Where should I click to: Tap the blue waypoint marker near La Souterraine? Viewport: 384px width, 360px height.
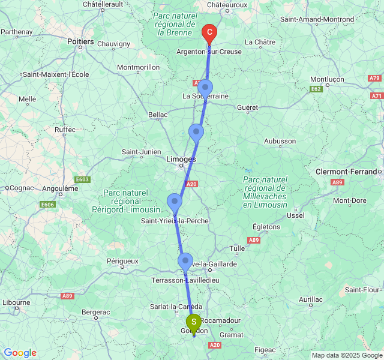tap(205, 88)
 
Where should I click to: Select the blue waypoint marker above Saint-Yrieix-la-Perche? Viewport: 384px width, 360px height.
tap(175, 202)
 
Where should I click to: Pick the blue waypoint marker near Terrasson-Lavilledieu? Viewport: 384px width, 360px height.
tap(185, 261)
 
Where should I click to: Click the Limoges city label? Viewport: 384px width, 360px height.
tap(181, 160)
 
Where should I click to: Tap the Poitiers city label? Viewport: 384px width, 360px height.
tap(81, 42)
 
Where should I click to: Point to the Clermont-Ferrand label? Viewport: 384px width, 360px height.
tap(347, 172)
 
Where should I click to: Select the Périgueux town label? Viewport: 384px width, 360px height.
tap(122, 261)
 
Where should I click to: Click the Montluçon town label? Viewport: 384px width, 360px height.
tap(327, 79)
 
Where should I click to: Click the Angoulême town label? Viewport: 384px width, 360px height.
tap(59, 188)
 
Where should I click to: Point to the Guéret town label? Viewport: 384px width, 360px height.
tap(247, 108)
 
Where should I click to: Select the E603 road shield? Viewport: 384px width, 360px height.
tap(83, 179)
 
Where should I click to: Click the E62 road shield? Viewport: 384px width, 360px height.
tap(316, 89)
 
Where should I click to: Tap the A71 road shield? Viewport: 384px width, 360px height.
tap(376, 96)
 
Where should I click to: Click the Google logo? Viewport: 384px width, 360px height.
tap(20, 353)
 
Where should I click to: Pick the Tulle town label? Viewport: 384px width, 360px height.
tap(237, 248)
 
